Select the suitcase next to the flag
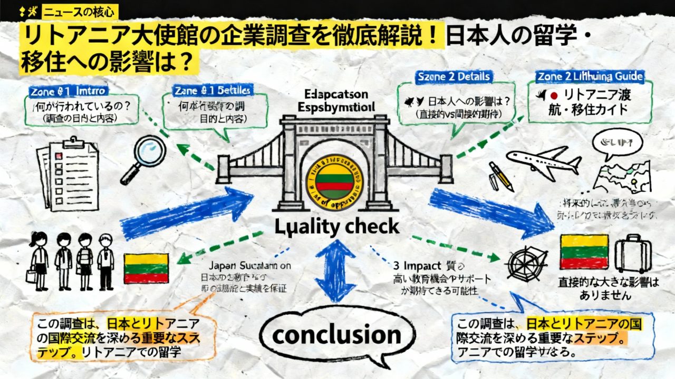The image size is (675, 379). (633, 253)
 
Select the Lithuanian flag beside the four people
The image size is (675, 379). (146, 268)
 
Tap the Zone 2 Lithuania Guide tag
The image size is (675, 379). (590, 77)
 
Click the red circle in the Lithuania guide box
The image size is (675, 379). (553, 96)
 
